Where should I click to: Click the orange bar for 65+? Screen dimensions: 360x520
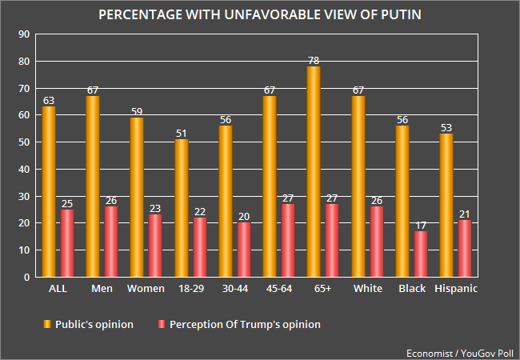(x=314, y=171)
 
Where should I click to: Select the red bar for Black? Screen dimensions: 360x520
(x=419, y=254)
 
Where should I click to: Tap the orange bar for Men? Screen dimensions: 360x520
(x=93, y=186)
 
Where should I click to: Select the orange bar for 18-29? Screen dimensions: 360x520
(x=182, y=208)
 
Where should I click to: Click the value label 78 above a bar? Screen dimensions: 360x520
(x=314, y=60)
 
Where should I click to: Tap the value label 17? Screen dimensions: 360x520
(x=419, y=225)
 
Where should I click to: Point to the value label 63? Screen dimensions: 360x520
(x=49, y=101)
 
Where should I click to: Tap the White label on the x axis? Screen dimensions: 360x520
(x=369, y=289)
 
